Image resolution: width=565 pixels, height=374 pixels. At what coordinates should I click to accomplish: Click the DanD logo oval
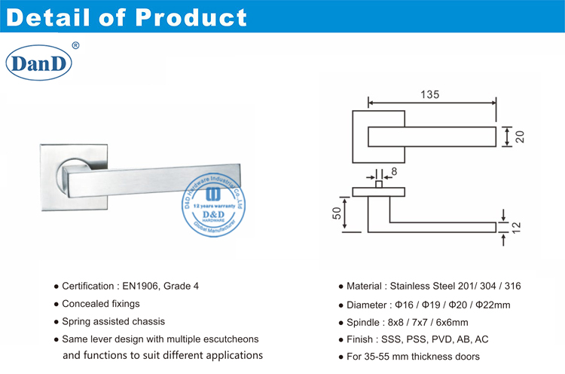point(38,63)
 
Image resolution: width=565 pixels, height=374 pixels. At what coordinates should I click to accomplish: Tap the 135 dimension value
point(431,96)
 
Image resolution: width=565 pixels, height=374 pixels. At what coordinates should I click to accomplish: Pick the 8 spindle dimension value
point(393,172)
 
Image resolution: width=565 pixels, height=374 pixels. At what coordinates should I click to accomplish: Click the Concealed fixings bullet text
point(100,304)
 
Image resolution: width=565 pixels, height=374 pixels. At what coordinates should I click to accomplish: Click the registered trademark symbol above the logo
point(75,45)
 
